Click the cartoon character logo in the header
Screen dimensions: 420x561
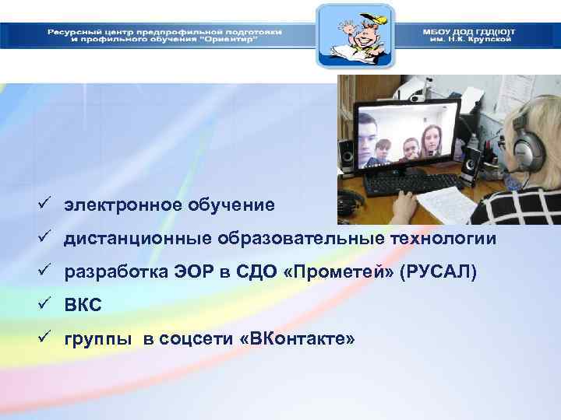point(355,36)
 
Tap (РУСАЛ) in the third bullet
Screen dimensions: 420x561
point(437,272)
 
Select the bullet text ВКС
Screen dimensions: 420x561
point(83,305)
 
